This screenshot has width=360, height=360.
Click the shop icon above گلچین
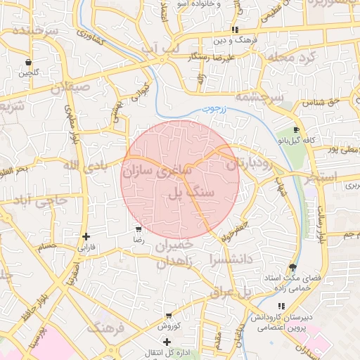click(27, 62)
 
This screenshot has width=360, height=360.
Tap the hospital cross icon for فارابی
click(86, 237)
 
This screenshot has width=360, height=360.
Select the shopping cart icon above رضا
click(139, 229)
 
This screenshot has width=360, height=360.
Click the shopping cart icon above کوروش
click(168, 316)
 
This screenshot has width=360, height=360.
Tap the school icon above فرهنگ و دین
click(235, 30)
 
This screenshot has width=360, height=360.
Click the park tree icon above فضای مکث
click(292, 268)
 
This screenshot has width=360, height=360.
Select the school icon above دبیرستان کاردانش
click(281, 306)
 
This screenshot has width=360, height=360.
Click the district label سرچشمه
click(259, 97)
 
